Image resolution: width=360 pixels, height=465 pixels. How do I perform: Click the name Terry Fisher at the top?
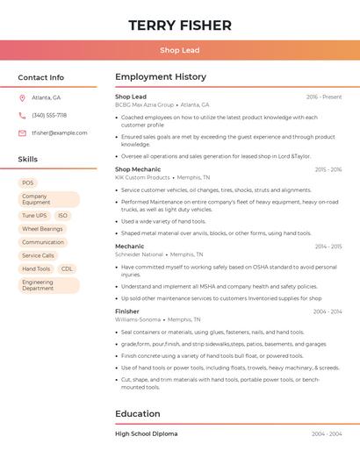tap(180, 25)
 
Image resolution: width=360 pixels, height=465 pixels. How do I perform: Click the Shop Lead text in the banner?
tap(180, 50)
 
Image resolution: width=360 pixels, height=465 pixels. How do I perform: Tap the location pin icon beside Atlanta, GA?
tap(22, 97)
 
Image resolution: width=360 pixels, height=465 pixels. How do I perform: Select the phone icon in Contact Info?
tap(22, 115)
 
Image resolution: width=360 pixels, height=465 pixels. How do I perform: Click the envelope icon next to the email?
tap(22, 132)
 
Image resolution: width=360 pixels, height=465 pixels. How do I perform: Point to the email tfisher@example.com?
tap(60, 132)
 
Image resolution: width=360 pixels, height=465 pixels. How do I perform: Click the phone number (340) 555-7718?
tap(49, 115)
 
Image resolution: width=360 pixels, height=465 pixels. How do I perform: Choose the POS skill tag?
tap(28, 182)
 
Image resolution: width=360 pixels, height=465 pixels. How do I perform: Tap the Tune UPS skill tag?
tap(34, 215)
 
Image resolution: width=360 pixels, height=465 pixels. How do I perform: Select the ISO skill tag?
tap(63, 215)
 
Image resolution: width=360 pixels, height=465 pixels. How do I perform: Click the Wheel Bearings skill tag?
tap(42, 228)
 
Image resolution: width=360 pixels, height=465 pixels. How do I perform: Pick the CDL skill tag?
tap(67, 268)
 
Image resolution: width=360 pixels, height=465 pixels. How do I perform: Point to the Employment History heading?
tap(161, 77)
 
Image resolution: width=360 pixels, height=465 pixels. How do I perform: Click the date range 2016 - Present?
tap(323, 97)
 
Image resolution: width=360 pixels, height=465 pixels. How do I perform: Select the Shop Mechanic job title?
tap(138, 169)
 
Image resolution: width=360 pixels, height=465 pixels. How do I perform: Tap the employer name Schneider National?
tap(140, 254)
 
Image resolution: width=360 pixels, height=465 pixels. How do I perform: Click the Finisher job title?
tap(127, 311)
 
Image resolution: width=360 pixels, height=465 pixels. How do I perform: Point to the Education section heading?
tap(138, 413)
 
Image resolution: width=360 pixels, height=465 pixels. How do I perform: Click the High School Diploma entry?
tap(146, 433)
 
